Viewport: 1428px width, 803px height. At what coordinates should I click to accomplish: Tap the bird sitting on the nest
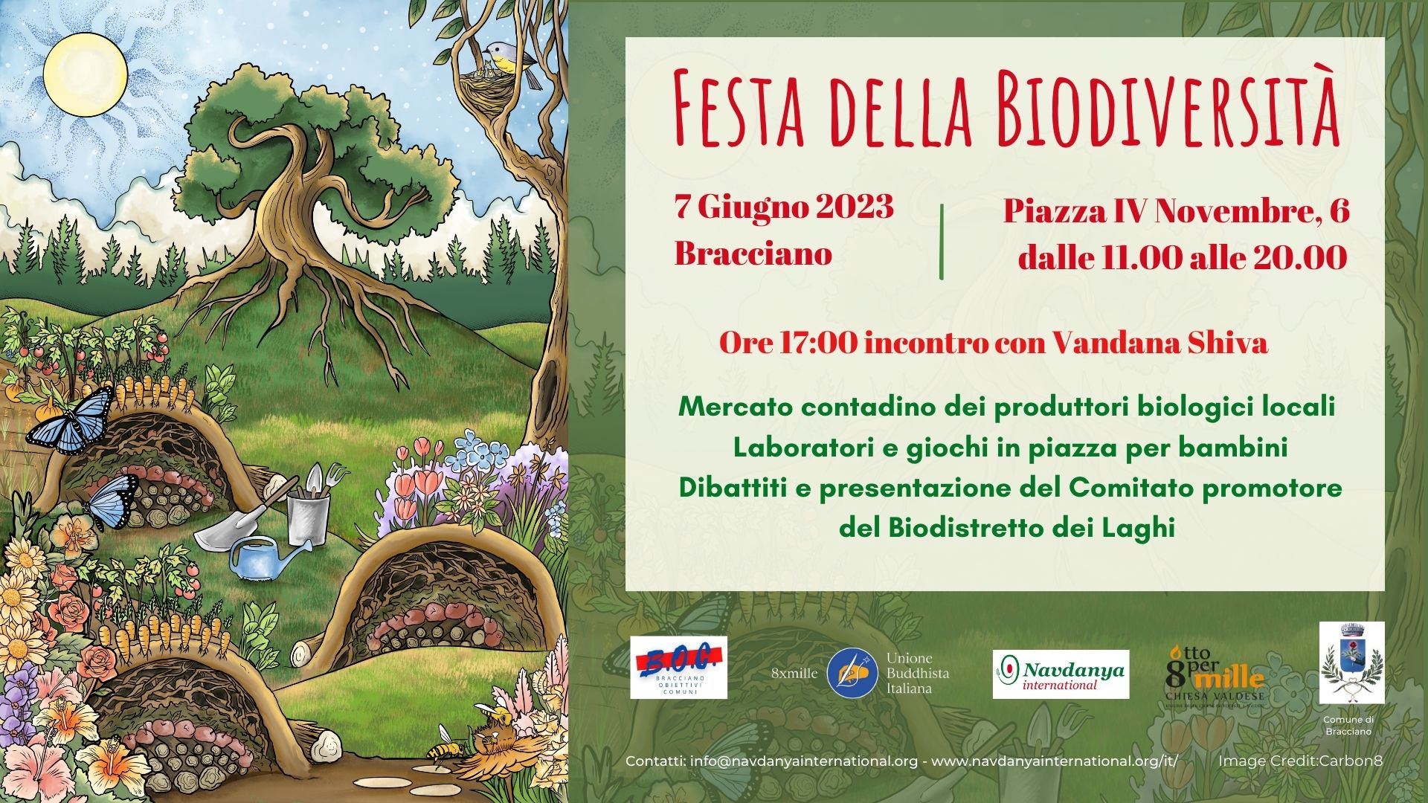504,57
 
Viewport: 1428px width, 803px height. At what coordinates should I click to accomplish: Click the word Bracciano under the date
753,254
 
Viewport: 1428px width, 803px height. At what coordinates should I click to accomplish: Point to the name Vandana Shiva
1160,344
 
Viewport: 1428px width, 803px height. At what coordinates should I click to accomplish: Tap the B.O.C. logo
678,668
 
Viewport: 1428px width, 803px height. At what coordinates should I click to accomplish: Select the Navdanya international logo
1061,674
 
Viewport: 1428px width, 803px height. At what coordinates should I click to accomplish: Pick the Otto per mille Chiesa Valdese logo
1215,673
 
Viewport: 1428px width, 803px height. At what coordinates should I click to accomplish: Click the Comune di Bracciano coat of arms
1351,662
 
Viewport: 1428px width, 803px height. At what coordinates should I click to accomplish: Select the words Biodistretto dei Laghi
1032,529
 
